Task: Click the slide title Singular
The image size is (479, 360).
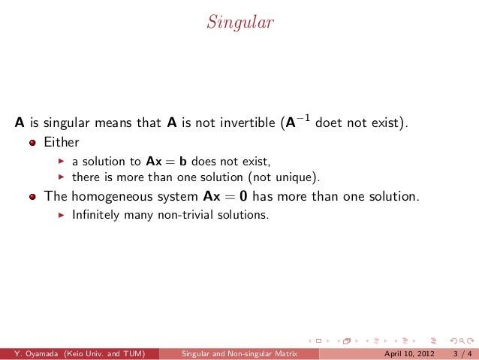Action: point(239,23)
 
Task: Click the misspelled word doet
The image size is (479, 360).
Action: point(330,123)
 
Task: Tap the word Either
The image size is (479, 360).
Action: point(62,141)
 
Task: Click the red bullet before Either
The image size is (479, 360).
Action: point(33,142)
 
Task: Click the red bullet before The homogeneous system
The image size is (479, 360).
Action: point(33,197)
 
